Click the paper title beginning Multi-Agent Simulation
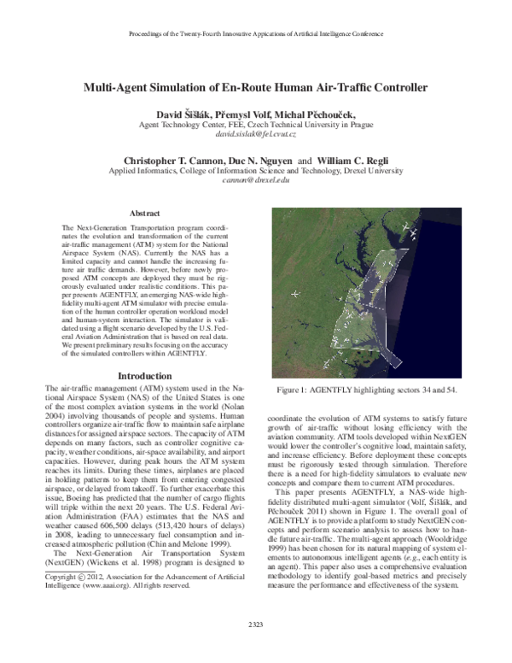click(256, 87)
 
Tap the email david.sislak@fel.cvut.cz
click(256, 135)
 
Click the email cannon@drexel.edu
click(256, 181)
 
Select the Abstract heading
click(138, 212)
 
